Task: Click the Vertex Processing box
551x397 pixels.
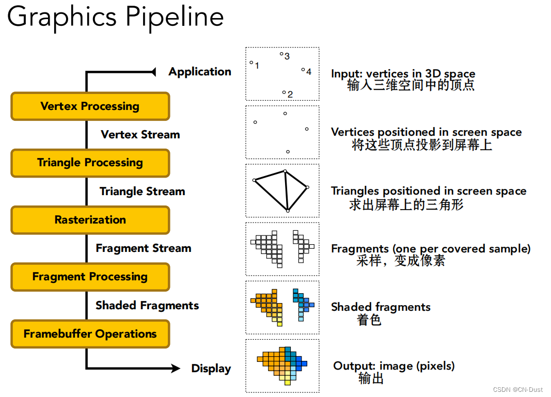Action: click(x=90, y=106)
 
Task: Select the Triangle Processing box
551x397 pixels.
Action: click(x=90, y=163)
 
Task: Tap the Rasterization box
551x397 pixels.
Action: click(x=90, y=220)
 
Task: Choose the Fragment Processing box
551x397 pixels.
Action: click(x=90, y=277)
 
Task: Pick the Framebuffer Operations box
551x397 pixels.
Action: click(x=90, y=334)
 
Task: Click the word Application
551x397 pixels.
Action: click(x=200, y=72)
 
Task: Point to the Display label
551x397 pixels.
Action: click(x=211, y=369)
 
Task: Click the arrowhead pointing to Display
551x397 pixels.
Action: click(x=175, y=369)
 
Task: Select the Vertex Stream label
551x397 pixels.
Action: click(x=140, y=135)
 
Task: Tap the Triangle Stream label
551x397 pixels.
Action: click(x=142, y=192)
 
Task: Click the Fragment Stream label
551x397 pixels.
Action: click(x=143, y=248)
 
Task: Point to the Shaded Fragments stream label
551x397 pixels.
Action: click(x=147, y=305)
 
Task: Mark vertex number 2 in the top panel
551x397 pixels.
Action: click(x=284, y=93)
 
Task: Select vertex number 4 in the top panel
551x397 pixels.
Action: click(x=303, y=70)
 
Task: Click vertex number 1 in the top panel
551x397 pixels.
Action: click(x=251, y=63)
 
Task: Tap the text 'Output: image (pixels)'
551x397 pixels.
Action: click(x=393, y=366)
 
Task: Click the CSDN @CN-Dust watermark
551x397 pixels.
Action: click(x=517, y=390)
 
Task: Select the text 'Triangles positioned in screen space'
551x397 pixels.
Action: click(x=429, y=192)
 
